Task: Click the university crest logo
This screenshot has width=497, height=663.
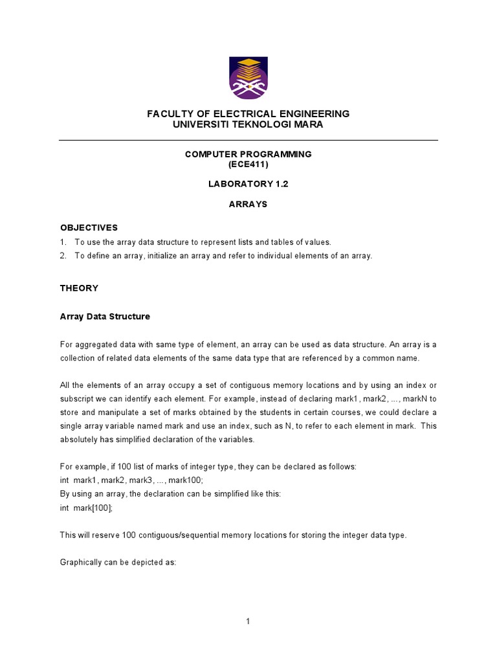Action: point(248,78)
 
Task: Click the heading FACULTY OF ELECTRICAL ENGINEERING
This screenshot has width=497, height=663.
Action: point(248,114)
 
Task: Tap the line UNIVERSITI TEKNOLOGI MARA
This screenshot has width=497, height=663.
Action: point(248,124)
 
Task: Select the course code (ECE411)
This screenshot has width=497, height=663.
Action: point(248,164)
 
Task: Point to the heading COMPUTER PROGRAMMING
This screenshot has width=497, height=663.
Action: point(248,154)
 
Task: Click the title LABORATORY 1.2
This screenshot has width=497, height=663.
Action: point(248,184)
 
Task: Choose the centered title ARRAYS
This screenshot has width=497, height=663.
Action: point(248,204)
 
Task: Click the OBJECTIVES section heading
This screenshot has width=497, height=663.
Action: point(89,228)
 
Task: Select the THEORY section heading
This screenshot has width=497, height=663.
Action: point(79,288)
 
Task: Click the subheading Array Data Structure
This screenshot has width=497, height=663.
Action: point(105,317)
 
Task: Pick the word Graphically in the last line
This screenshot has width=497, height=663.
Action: point(81,563)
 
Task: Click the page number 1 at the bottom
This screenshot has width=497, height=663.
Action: point(248,622)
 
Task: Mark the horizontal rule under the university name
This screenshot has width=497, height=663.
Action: point(248,140)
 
